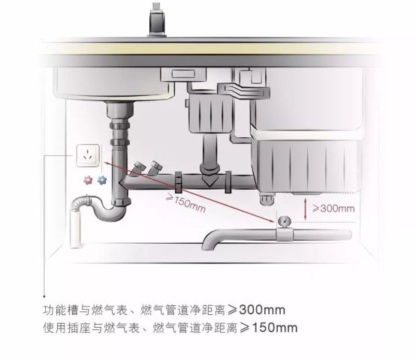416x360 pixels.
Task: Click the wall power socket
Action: [x=88, y=155]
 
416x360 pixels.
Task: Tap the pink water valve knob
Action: [x=88, y=180]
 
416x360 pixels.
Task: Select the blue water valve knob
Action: [x=102, y=180]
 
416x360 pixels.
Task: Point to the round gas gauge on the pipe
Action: [x=285, y=221]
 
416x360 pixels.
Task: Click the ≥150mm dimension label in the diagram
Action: [x=185, y=202]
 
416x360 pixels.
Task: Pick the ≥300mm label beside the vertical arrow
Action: [x=333, y=208]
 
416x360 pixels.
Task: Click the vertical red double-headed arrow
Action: [x=306, y=209]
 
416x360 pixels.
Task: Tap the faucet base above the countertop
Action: [x=157, y=19]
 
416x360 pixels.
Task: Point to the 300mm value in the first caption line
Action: [x=262, y=310]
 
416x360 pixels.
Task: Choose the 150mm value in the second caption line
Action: [x=274, y=328]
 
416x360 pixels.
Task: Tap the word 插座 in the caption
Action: [x=80, y=328]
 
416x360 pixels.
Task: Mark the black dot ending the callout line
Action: [x=44, y=296]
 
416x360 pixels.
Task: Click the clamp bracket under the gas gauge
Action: [x=285, y=234]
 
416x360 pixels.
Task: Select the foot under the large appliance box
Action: [x=267, y=199]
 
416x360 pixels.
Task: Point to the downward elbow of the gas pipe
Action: [x=213, y=239]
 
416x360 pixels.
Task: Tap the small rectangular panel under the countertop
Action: [x=183, y=73]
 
